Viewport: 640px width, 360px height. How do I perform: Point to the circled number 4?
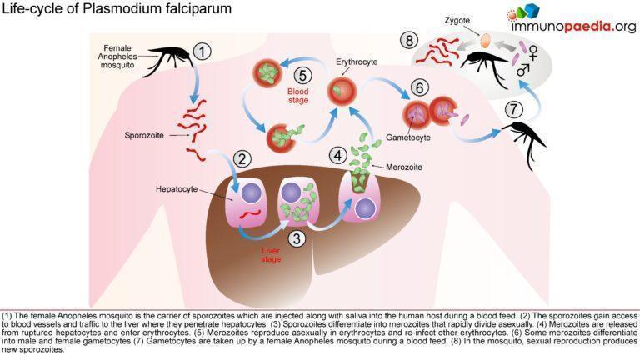point(337,154)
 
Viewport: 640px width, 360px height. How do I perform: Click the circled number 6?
point(419,87)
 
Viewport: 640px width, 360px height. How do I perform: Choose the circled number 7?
point(514,108)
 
